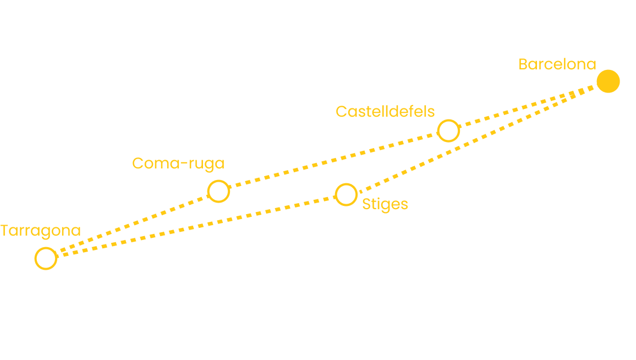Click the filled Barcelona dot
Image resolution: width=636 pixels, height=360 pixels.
point(608,81)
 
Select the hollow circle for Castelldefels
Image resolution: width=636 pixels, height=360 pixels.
point(448,131)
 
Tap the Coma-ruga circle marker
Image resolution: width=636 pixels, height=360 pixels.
point(218,191)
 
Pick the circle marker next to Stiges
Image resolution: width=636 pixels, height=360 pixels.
point(346,194)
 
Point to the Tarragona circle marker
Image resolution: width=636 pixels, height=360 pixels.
point(46,258)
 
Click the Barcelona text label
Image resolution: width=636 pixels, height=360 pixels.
point(557,64)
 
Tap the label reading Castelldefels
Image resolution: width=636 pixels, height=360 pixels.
point(385,112)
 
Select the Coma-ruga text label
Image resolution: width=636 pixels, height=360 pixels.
point(179,163)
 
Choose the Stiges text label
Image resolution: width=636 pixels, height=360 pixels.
point(385,205)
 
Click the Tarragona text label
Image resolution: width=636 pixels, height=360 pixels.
point(41,231)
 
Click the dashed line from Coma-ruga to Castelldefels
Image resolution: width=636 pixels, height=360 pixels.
point(333,161)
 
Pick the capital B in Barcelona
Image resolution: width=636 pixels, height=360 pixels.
point(523,64)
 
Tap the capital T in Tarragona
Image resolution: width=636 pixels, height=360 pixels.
point(6,230)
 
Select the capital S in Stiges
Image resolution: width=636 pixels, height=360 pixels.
point(366,204)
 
